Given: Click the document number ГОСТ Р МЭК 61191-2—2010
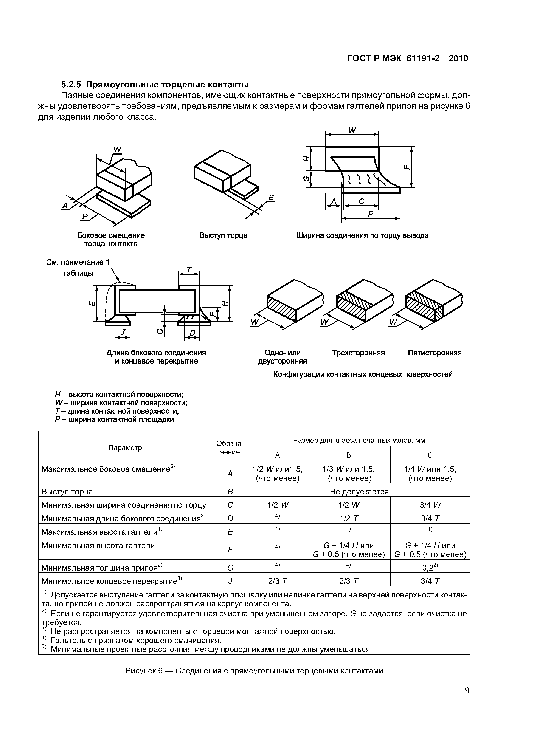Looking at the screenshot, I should tap(408, 59).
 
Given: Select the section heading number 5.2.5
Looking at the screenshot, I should tap(71, 85).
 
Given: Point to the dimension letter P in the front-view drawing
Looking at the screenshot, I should tap(371, 214).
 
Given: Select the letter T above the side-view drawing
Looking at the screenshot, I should tap(189, 270).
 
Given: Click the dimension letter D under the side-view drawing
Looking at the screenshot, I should tap(192, 333).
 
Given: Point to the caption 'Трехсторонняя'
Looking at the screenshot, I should tap(358, 353).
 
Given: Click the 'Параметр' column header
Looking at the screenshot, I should tap(125, 447).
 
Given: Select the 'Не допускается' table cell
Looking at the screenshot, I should tap(359, 492).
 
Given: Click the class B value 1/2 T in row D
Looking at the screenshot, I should tap(348, 518).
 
